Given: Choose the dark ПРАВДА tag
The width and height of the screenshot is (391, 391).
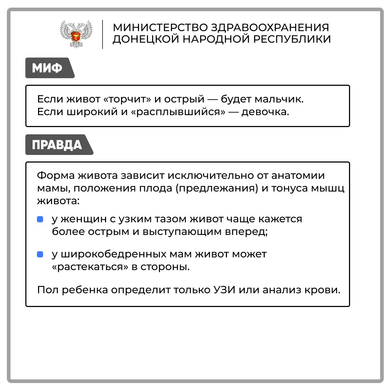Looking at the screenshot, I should [57, 145].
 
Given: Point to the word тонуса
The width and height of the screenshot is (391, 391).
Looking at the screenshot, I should [290, 188].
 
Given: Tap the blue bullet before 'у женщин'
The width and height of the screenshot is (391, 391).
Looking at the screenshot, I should [40, 219].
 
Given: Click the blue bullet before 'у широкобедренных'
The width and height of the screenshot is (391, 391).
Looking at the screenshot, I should [40, 255].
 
